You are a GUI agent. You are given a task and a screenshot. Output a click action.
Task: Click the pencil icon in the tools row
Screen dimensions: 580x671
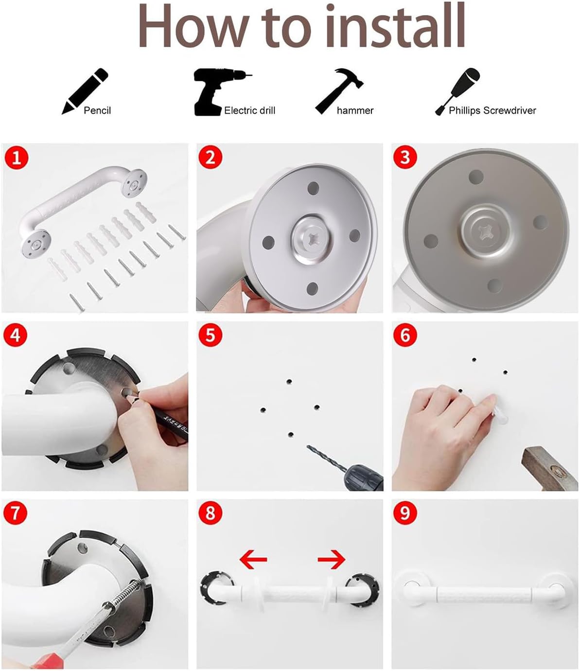click(85, 91)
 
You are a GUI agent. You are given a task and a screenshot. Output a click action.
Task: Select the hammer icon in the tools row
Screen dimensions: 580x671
click(339, 91)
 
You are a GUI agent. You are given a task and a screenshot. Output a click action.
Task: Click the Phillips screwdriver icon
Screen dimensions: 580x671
click(457, 91)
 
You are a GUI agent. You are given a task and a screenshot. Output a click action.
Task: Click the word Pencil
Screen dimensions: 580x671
click(97, 111)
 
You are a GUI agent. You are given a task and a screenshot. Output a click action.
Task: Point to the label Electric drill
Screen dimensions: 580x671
click(249, 111)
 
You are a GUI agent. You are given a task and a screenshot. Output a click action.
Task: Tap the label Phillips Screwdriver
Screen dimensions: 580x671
click(492, 111)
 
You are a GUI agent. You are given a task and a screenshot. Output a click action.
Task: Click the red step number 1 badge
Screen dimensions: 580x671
click(16, 158)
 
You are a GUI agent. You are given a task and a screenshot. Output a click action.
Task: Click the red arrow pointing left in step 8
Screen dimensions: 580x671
click(253, 559)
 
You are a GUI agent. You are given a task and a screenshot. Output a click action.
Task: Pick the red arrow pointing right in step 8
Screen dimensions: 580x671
click(332, 559)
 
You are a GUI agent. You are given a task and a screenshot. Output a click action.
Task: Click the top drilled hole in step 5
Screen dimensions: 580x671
click(289, 381)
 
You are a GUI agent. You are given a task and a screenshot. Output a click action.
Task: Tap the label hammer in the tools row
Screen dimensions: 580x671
click(355, 111)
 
